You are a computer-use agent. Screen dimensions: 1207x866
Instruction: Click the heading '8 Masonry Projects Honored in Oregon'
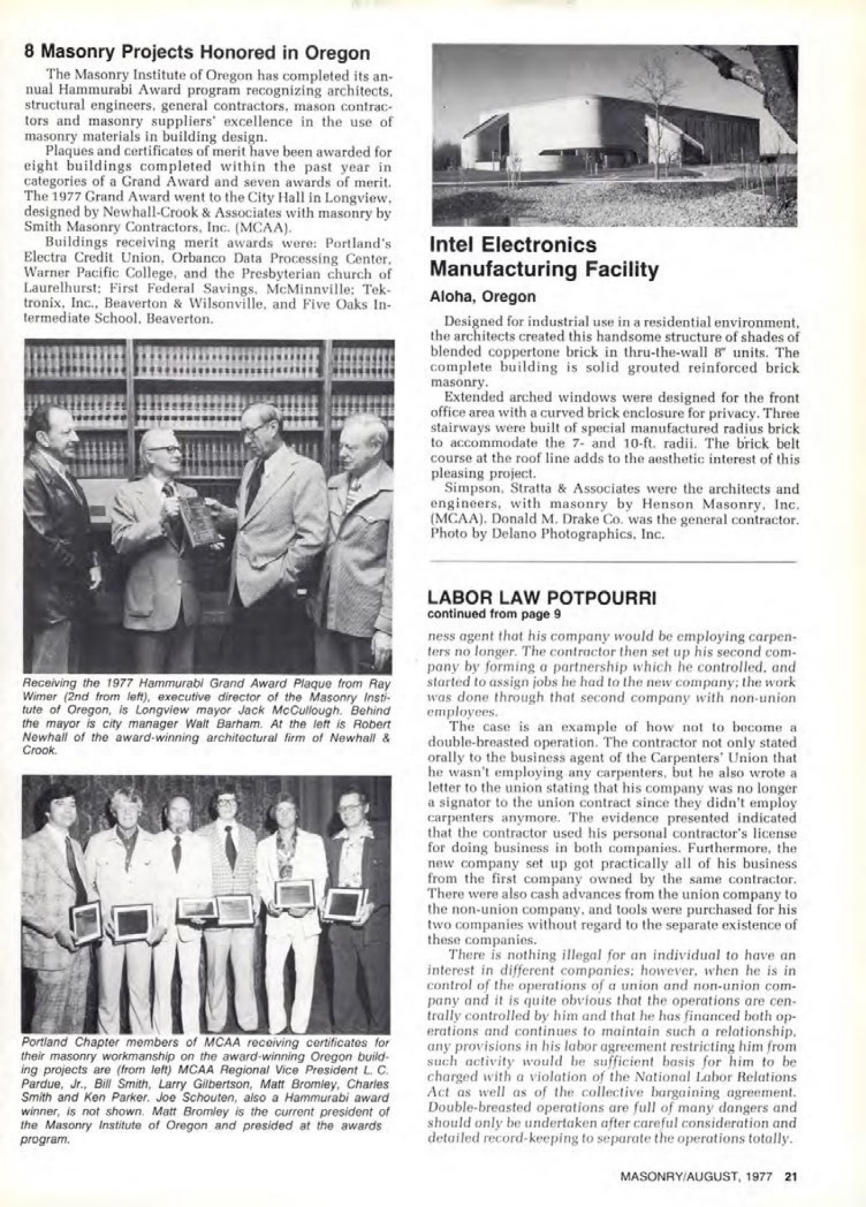coord(197,53)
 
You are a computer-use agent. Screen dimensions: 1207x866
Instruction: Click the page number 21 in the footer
coord(790,1177)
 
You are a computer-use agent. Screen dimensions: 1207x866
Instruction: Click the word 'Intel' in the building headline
coord(454,245)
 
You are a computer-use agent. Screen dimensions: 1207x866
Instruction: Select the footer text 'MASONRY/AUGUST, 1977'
coord(699,1177)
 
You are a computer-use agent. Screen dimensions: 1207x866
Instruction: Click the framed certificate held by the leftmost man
coord(85,921)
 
